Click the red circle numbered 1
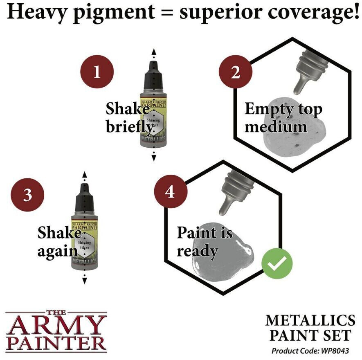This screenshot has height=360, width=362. [x=97, y=73]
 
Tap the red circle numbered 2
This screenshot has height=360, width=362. [x=235, y=72]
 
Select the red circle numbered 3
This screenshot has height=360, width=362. [x=27, y=194]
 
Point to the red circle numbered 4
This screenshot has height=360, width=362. [x=170, y=191]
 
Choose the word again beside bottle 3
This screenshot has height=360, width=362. [x=58, y=250]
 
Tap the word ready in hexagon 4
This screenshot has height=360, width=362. [x=197, y=250]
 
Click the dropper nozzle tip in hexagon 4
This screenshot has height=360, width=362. [x=223, y=211]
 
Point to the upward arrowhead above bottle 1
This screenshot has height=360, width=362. [x=154, y=52]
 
